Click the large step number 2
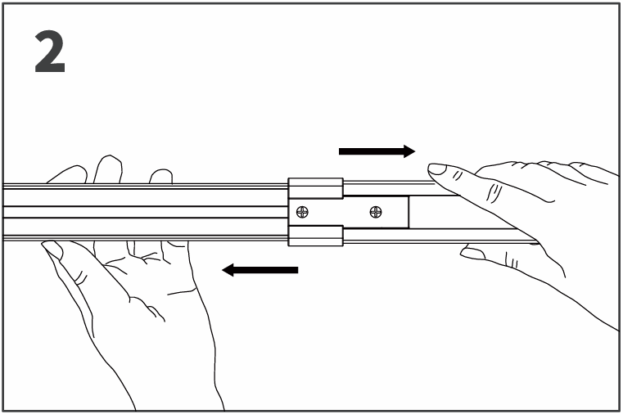(50, 52)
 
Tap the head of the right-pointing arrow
(409, 151)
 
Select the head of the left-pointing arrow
(228, 270)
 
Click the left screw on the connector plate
(303, 213)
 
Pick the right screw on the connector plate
(376, 212)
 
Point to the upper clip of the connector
(315, 188)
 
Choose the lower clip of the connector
(315, 236)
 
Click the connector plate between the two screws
(339, 213)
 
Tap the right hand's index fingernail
(437, 169)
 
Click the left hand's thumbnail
(52, 249)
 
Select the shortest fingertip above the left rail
(161, 176)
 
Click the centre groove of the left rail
(146, 212)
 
